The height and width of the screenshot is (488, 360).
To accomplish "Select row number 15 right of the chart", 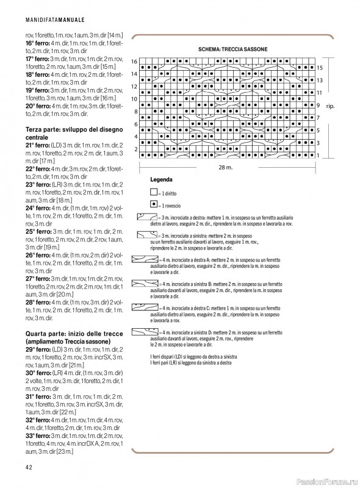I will pyautogui.click(x=319, y=67).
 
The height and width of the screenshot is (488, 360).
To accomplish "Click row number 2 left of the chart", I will pyautogui.click(x=135, y=149).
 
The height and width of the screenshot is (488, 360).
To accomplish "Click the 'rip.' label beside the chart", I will pyautogui.click(x=331, y=106).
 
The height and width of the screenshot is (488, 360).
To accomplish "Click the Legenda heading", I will pyautogui.click(x=160, y=181).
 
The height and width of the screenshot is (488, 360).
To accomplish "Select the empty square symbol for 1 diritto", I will pyautogui.click(x=154, y=192).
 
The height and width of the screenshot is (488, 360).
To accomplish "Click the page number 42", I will pyautogui.click(x=29, y=467).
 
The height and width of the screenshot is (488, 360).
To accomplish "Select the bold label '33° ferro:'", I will pyautogui.click(x=38, y=437).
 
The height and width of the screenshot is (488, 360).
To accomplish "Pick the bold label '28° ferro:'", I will pyautogui.click(x=38, y=302).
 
